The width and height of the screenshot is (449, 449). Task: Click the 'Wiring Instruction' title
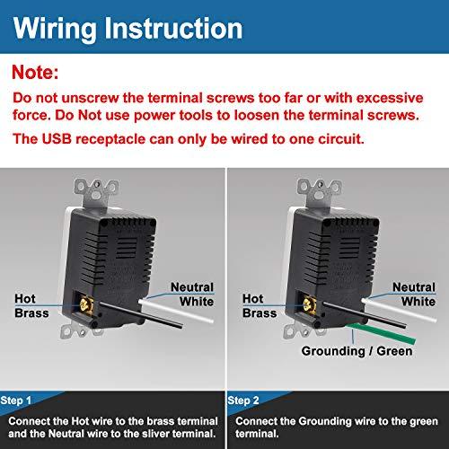pos(128,29)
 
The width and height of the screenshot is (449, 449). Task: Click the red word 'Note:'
pos(35,72)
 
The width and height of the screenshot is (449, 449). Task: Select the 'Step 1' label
pos(16,401)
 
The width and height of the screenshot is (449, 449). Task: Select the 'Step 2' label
pos(243,401)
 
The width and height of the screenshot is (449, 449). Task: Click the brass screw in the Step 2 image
pos(309,305)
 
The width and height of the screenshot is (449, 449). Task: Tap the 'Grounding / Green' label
pos(357,351)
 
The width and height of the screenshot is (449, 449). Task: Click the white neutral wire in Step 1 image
pos(176,311)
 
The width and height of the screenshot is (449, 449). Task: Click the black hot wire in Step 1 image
pos(141,315)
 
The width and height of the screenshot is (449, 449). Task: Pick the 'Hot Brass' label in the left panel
pos(31,305)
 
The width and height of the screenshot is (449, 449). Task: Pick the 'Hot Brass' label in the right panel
pos(260,305)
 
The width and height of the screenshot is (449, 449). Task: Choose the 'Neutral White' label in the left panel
pos(192,295)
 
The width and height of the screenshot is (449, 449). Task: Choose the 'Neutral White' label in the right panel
pos(414,295)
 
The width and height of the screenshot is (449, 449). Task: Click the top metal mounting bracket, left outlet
pos(96,191)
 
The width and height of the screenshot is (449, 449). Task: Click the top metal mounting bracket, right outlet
pos(319,191)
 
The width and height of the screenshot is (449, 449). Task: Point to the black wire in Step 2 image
pos(365,315)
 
